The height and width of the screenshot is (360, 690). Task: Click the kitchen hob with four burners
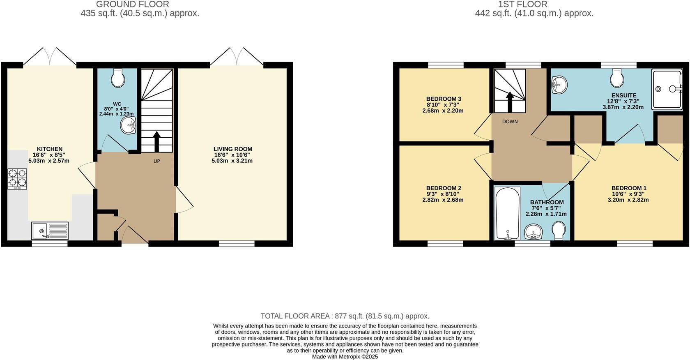click(x=17, y=179)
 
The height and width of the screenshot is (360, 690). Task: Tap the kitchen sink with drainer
click(x=50, y=231)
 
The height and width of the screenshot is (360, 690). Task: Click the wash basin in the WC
click(x=128, y=125)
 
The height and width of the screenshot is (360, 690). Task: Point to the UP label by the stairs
click(x=156, y=162)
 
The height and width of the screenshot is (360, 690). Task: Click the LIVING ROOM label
click(x=233, y=149)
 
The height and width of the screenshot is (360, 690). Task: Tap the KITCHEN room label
click(x=50, y=149)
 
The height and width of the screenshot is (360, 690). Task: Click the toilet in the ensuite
click(x=617, y=78)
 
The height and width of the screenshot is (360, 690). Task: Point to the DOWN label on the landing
click(x=510, y=122)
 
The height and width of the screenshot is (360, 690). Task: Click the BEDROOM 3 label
click(x=444, y=99)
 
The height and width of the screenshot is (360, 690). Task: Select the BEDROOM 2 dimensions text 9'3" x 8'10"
click(x=443, y=194)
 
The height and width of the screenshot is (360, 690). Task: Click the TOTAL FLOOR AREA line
click(x=345, y=316)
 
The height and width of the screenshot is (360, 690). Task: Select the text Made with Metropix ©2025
click(x=345, y=357)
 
